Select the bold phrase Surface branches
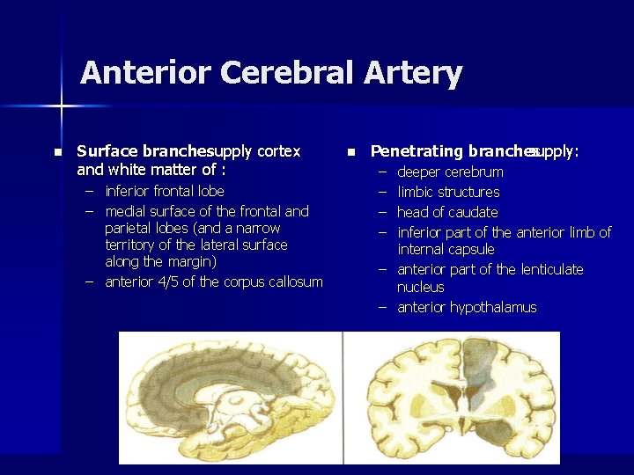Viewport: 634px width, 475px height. (142, 151)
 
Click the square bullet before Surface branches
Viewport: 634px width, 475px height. (57, 152)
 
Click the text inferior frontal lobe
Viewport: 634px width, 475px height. (165, 191)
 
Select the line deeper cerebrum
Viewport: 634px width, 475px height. (450, 172)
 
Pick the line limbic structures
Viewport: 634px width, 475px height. (448, 192)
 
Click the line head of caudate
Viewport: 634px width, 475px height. (447, 212)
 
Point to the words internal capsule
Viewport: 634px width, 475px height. (446, 249)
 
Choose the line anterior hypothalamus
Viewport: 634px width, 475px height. (467, 307)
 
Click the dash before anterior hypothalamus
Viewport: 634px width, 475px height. (383, 307)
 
